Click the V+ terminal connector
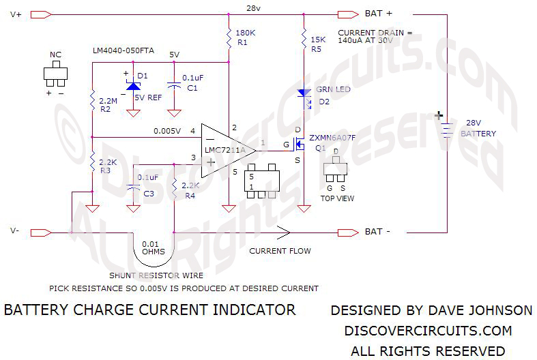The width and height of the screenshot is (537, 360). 42,14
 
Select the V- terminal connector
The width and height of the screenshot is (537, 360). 42,232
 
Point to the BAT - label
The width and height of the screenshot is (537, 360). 379,232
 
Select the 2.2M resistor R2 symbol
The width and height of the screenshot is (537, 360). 92,102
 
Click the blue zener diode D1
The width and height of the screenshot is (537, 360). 133,87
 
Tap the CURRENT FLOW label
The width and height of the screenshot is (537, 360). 280,251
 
